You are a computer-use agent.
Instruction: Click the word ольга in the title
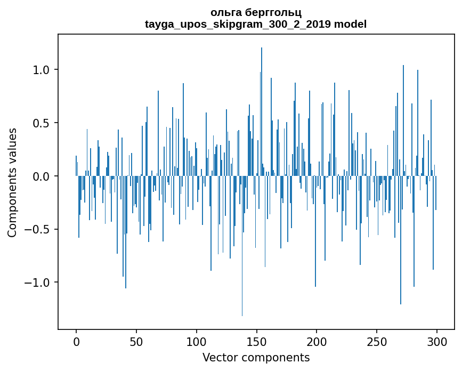(x=224, y=12)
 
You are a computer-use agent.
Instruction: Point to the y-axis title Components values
(x=12, y=182)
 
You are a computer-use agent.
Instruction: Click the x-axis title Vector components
(x=256, y=357)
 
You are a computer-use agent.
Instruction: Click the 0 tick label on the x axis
(x=76, y=341)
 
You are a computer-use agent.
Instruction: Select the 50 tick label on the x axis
(x=136, y=341)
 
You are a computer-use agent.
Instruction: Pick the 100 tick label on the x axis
(x=197, y=341)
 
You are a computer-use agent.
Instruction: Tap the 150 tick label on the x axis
(x=256, y=341)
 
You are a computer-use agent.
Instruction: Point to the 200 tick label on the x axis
(x=317, y=341)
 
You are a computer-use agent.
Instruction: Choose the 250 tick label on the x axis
(x=377, y=341)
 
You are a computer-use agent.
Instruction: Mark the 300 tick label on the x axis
(x=436, y=341)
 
